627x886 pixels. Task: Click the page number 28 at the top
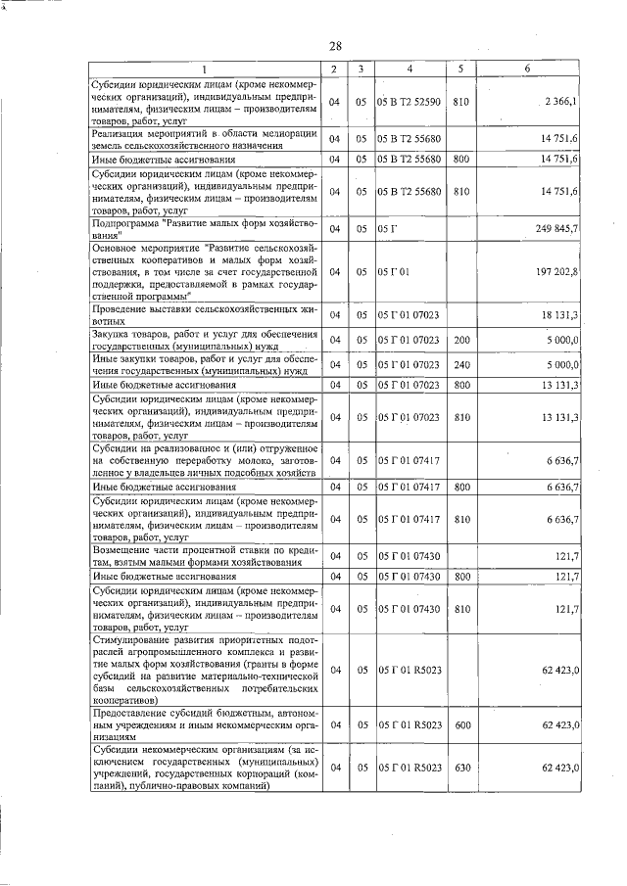tap(335, 46)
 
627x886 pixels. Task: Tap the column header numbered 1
tap(205, 69)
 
